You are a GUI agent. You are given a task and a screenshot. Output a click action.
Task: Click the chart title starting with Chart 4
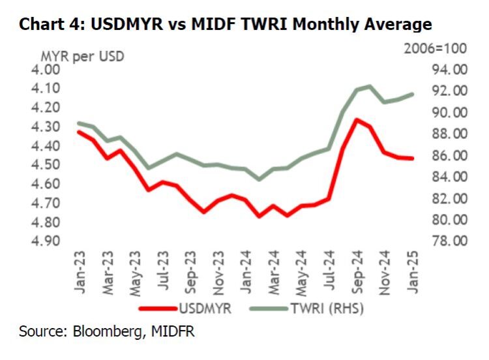coord(225,25)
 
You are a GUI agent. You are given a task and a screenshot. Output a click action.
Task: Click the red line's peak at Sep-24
coord(357,120)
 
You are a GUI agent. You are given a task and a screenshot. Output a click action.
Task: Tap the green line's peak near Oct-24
coord(370,86)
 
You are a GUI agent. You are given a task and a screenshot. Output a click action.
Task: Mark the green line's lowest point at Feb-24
coord(259,179)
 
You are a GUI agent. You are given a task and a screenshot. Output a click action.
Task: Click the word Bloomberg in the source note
coord(105,332)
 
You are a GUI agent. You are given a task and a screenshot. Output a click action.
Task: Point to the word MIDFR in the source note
coord(171,332)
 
